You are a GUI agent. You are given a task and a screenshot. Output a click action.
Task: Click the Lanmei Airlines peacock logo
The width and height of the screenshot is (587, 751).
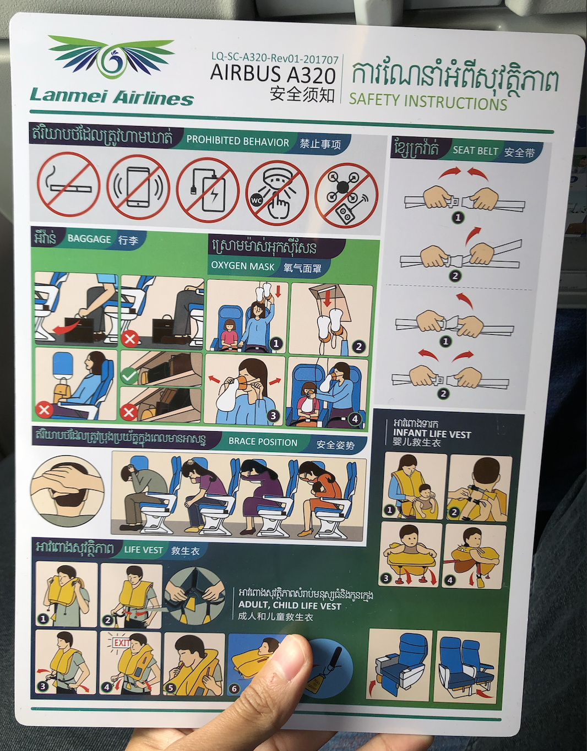(111, 58)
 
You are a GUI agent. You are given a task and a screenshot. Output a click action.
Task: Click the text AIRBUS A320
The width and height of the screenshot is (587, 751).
(273, 75)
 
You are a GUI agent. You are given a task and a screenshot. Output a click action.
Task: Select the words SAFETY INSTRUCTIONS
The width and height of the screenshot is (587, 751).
(428, 101)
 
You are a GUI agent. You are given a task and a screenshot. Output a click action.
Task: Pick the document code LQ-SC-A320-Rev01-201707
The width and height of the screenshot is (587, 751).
(275, 57)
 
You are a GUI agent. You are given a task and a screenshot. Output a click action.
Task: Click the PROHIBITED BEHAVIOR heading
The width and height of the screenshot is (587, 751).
(238, 142)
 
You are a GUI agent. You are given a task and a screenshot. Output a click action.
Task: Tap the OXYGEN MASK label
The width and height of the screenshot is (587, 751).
(242, 266)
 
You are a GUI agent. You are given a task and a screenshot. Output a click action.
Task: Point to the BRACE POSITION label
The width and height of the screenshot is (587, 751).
(263, 442)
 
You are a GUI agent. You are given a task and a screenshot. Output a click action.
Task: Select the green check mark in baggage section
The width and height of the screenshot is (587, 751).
(129, 375)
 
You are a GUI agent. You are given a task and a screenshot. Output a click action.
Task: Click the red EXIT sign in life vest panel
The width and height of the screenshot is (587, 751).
(121, 643)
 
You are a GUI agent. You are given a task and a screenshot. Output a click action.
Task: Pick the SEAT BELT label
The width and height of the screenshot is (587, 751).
(475, 150)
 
